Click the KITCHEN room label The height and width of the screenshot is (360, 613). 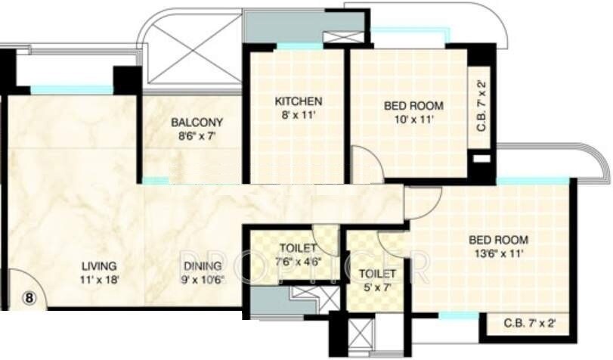299,101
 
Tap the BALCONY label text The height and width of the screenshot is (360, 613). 196,123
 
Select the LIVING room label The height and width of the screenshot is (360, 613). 100,266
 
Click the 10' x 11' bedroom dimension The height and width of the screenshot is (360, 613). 413,119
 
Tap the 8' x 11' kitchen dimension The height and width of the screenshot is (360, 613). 299,115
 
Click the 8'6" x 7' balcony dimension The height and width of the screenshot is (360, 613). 196,136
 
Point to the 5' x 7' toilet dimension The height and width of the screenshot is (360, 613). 376,288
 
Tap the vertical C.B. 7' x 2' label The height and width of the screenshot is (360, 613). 481,110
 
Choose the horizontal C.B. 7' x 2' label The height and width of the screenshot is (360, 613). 530,323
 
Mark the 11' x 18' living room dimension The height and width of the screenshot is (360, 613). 100,280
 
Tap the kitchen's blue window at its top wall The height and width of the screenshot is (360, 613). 299,46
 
